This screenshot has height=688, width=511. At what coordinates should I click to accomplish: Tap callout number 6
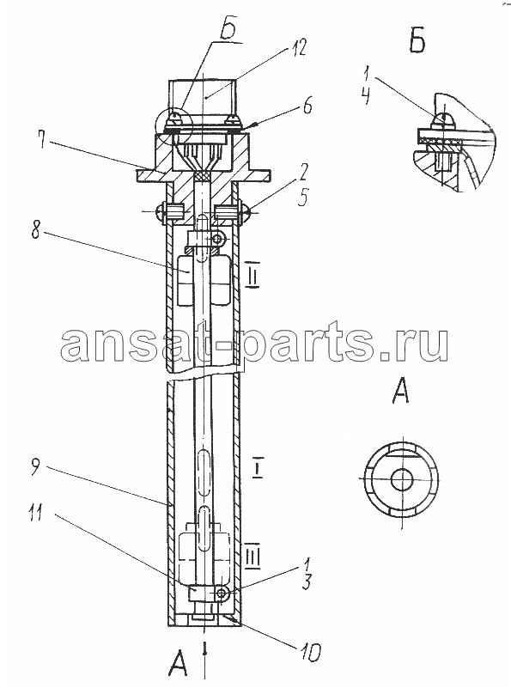[307, 105]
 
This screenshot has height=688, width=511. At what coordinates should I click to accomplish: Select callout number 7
[42, 139]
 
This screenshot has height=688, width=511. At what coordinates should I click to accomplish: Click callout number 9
[37, 468]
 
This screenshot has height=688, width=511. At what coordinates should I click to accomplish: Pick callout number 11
[36, 512]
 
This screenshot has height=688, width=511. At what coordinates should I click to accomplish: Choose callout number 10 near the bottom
[310, 652]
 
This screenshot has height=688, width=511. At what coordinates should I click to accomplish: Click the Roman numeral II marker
[252, 277]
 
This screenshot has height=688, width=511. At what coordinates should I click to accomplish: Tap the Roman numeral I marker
[258, 469]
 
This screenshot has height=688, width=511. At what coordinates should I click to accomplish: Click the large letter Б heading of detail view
[417, 42]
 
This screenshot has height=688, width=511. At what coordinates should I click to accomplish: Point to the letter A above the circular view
[400, 391]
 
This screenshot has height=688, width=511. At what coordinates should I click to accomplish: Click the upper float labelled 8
[204, 280]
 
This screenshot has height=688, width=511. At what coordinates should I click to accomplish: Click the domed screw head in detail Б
[442, 119]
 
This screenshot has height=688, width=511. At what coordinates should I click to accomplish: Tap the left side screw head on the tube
[160, 211]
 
